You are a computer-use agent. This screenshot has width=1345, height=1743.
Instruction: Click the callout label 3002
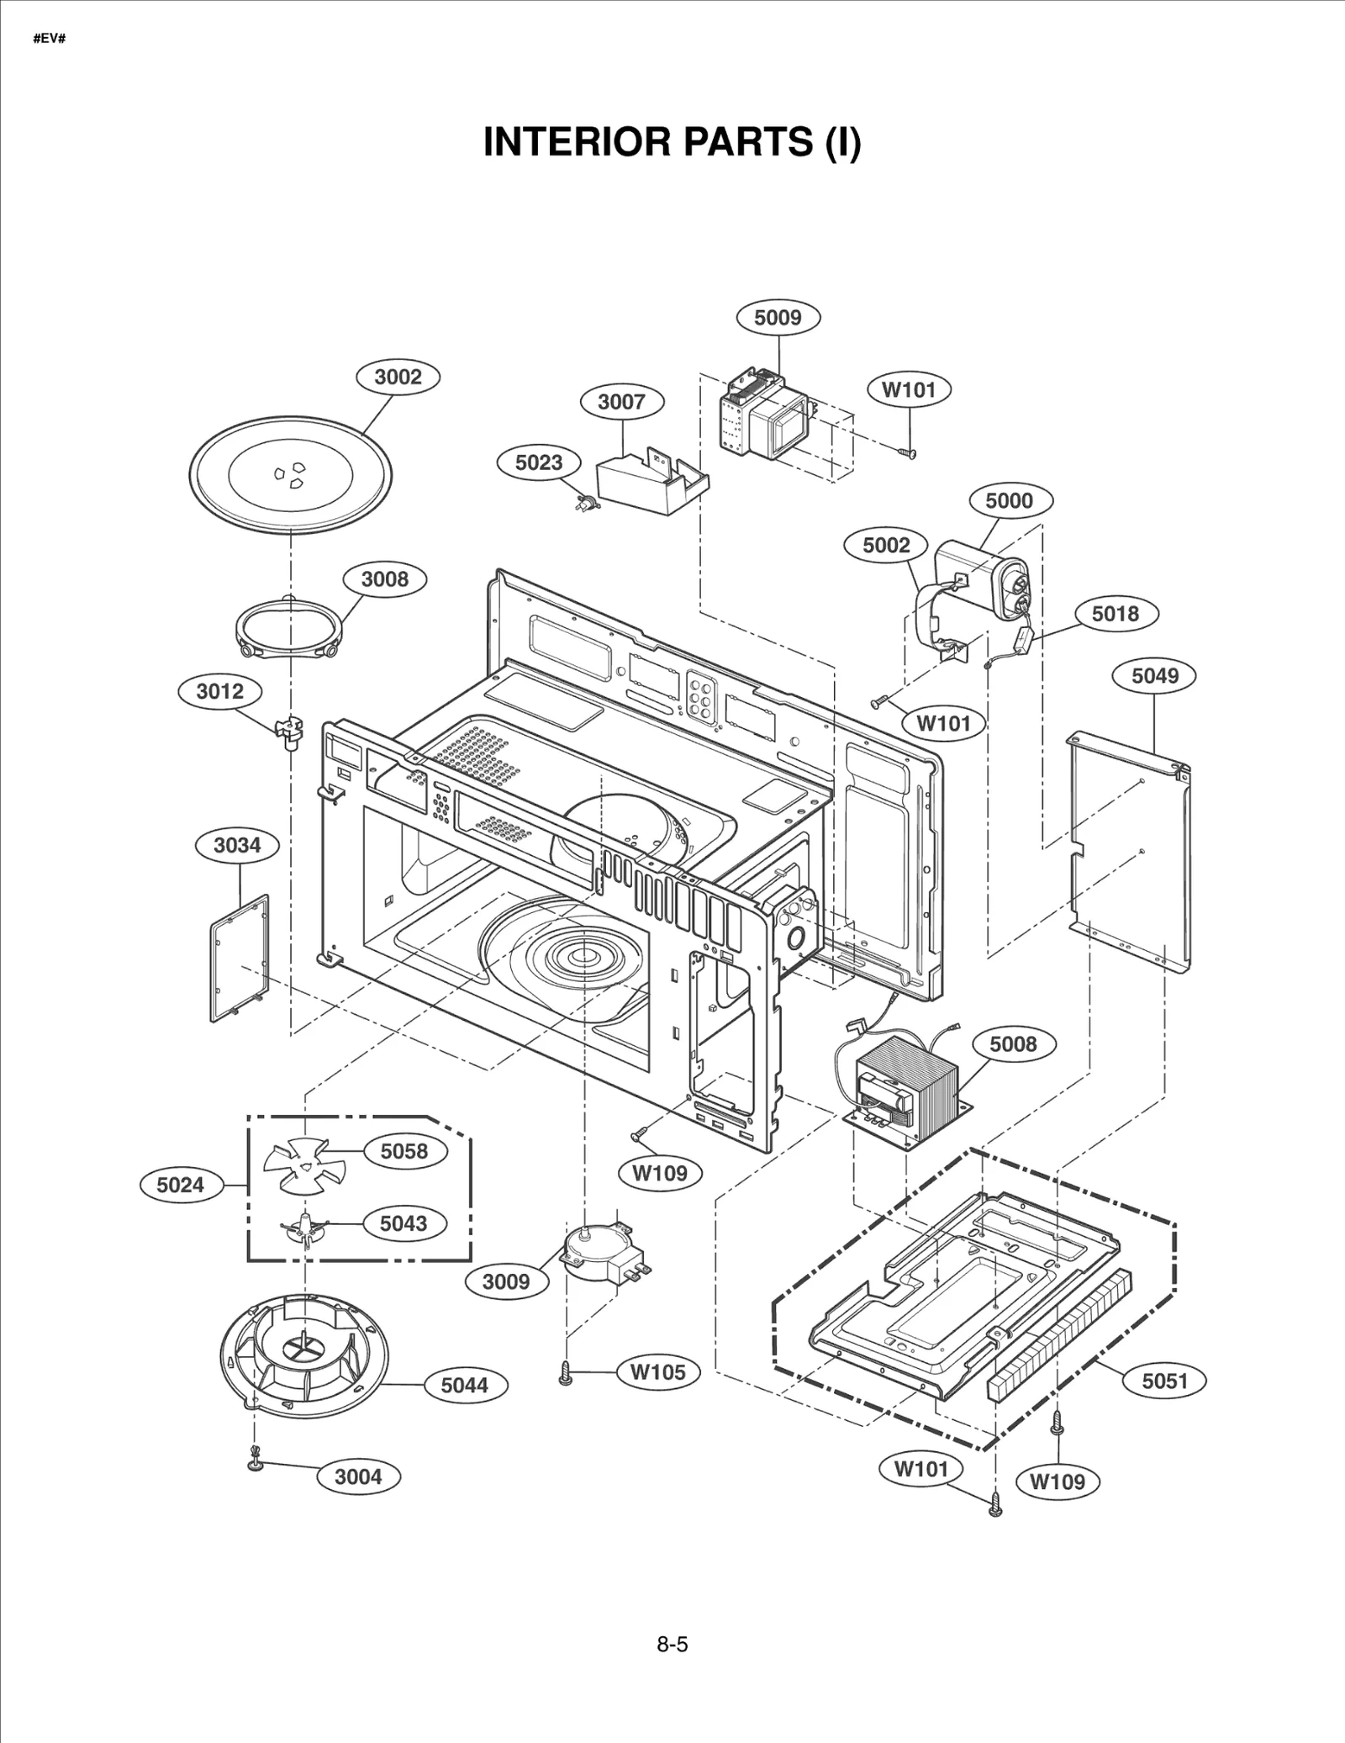398,377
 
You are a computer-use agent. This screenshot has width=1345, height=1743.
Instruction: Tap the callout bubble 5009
778,318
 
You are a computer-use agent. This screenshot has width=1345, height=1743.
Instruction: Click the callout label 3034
237,845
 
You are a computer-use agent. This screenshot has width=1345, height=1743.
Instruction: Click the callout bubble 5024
181,1186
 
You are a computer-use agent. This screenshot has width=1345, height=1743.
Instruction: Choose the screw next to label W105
566,1373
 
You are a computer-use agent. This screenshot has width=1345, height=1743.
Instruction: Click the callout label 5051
1164,1381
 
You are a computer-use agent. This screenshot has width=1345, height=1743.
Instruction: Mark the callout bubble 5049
1154,676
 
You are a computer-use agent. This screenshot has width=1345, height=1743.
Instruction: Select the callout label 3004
358,1476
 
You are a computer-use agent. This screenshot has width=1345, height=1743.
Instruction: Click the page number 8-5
672,1644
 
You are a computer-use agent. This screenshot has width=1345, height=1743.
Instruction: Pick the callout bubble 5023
539,462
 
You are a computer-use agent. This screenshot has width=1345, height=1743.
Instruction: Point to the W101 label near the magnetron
909,390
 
